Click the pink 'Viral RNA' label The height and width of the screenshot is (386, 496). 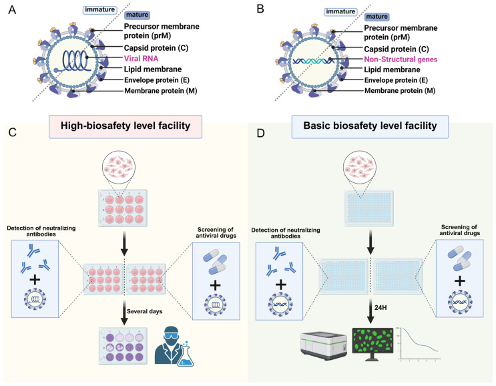[x=141, y=59]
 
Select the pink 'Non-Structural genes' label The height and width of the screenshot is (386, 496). [x=401, y=59]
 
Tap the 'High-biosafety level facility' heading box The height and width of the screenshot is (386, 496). [x=126, y=126]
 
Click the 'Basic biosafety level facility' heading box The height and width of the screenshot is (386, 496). [x=370, y=126]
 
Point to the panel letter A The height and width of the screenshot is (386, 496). [x=12, y=10]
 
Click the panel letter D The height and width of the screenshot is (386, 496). [x=260, y=133]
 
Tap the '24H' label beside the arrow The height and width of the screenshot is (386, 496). [x=381, y=308]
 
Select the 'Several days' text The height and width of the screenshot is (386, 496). [x=145, y=311]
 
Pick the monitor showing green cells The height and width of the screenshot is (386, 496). [x=373, y=344]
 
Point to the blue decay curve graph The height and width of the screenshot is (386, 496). [x=420, y=344]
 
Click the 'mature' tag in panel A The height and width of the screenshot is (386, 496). [x=137, y=15]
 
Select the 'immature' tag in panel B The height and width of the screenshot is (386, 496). [x=340, y=12]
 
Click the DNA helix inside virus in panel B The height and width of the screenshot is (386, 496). [x=314, y=61]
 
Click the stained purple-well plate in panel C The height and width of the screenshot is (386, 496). [x=123, y=346]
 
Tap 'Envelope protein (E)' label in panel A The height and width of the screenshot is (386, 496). [x=157, y=80]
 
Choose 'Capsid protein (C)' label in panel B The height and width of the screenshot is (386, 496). [x=397, y=49]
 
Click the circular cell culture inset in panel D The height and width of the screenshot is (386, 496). [x=360, y=166]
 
